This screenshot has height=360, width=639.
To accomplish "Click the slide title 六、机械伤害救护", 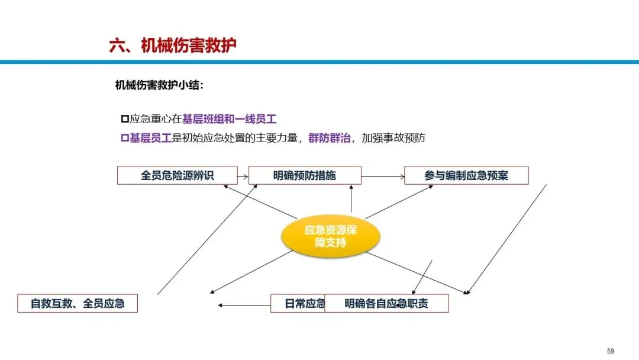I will click(173, 46).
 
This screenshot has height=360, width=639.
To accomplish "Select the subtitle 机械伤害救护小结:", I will click(159, 85).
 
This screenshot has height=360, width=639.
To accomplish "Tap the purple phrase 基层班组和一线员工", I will click(230, 118).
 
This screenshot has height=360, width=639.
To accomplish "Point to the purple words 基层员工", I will click(150, 138).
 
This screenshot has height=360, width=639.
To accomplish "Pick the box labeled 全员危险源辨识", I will click(177, 175).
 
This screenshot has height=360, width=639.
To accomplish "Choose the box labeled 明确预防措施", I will click(304, 175).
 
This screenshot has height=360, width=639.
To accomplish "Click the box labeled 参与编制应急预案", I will click(466, 175).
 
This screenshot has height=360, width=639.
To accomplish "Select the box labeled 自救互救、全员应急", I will click(78, 304).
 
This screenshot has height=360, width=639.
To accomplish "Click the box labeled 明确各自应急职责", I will click(386, 304).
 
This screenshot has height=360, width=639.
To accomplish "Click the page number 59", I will click(611, 351).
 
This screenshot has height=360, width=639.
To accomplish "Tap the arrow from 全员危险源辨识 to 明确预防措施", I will click(243, 176).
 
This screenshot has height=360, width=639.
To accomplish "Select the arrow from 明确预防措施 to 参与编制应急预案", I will click(382, 176).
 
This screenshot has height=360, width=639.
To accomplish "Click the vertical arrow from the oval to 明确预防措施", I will click(351, 199).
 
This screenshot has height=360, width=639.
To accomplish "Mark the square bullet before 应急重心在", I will click(124, 118).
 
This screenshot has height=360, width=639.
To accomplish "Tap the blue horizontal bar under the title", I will click(319, 62).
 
